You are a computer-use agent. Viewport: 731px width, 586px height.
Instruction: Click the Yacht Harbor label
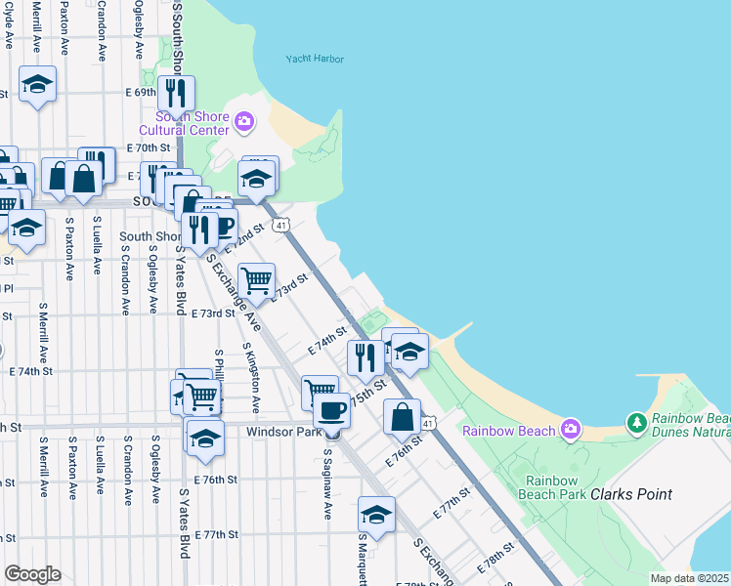315,59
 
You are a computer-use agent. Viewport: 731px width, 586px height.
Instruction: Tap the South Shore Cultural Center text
184,123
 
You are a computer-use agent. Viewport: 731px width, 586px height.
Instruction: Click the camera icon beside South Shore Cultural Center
243,122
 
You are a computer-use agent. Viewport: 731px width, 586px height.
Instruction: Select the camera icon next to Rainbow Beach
571,430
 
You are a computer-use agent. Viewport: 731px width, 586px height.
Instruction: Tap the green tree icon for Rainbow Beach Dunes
637,422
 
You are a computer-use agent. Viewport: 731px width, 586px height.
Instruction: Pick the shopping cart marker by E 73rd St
256,279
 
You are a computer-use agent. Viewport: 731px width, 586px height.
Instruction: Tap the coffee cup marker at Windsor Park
332,409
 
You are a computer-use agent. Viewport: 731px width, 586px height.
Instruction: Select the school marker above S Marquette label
376,513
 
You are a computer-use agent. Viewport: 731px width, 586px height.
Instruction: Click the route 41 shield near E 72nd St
280,226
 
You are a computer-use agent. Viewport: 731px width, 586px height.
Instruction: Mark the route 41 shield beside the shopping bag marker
428,422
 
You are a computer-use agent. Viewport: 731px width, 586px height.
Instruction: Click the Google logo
32,573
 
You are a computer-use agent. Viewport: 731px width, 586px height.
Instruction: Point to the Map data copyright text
689,578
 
